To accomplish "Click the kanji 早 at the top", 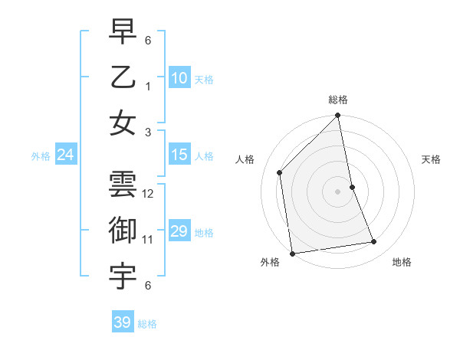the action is click(x=123, y=31).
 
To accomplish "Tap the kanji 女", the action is click(x=123, y=123).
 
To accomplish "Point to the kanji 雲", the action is click(x=123, y=185).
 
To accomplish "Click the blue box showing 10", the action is click(x=179, y=78).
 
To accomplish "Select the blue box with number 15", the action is click(x=179, y=155).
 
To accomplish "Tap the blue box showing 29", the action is click(x=179, y=232).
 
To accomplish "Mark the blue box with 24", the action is click(x=65, y=155).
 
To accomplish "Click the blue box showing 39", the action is click(x=122, y=322).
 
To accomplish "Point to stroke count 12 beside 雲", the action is click(x=148, y=194).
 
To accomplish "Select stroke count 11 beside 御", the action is click(x=148, y=240).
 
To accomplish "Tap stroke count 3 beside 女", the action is click(x=148, y=132).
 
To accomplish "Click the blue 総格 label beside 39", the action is click(x=147, y=324).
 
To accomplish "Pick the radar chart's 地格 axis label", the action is click(x=402, y=263).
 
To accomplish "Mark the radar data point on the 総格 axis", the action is click(x=338, y=116).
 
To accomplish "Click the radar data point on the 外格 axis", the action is click(x=292, y=253).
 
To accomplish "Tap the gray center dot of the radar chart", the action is click(x=338, y=191).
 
